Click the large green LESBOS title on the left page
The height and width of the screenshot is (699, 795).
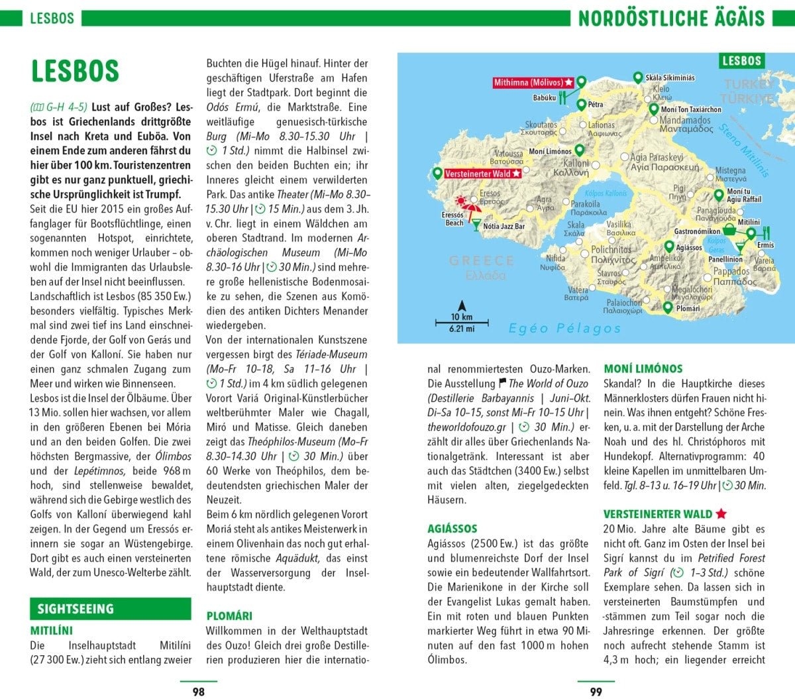click(x=75, y=71)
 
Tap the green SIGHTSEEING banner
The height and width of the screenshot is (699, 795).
click(x=76, y=609)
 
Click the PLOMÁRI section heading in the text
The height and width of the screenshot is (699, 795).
click(x=229, y=616)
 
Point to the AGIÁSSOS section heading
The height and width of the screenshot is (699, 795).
click(x=452, y=528)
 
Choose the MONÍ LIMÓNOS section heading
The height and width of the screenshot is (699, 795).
click(x=643, y=368)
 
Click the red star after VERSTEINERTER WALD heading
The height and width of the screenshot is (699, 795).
click(x=721, y=513)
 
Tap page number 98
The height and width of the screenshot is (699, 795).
click(x=198, y=691)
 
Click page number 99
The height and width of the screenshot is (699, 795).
click(x=596, y=691)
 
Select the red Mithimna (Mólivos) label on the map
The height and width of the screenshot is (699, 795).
click(x=533, y=83)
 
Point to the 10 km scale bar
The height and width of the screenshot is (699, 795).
click(x=462, y=323)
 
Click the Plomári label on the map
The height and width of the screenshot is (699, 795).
click(x=688, y=308)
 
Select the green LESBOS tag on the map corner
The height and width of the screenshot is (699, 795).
click(x=741, y=61)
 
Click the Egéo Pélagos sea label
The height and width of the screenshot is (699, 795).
click(x=564, y=328)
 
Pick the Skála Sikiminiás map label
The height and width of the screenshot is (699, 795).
click(x=670, y=78)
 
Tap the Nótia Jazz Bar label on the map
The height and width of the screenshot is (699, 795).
click(x=503, y=226)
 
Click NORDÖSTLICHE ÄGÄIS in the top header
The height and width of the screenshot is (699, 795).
click(x=671, y=18)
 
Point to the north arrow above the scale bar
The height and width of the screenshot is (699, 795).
click(x=462, y=305)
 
